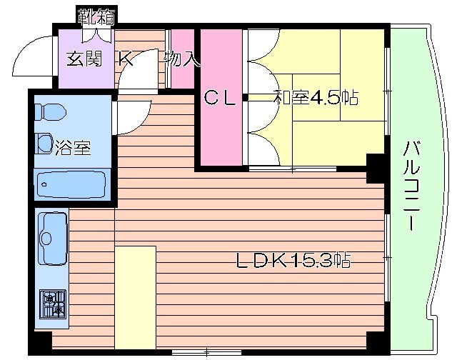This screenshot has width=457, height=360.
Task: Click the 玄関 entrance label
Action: pyautogui.click(x=84, y=59)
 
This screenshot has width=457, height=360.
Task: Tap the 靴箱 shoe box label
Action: pyautogui.click(x=96, y=16)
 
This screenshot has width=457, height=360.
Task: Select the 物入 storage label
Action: pyautogui.click(x=182, y=59)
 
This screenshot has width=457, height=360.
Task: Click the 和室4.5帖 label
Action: pyautogui.click(x=316, y=97)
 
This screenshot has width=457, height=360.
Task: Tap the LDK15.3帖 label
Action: pyautogui.click(x=293, y=260)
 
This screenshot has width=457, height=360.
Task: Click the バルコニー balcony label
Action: pyautogui.click(x=411, y=186)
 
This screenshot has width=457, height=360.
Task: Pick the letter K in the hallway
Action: pyautogui.click(x=126, y=59)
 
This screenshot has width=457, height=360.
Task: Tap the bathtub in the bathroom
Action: pyautogui.click(x=71, y=184)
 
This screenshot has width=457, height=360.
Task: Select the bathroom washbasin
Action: pyautogui.click(x=44, y=143)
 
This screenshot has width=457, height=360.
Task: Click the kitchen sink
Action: pyautogui.click(x=52, y=239)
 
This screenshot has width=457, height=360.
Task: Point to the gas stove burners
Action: pyautogui.click(x=53, y=304)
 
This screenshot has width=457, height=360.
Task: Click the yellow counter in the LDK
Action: pyautogui.click(x=136, y=298)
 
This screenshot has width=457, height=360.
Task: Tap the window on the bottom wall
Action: pyautogui.click(x=206, y=353)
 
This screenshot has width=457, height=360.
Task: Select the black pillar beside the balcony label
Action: pyautogui.click(x=376, y=169)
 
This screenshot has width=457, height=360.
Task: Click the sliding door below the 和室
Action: pyautogui.click(x=293, y=169)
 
